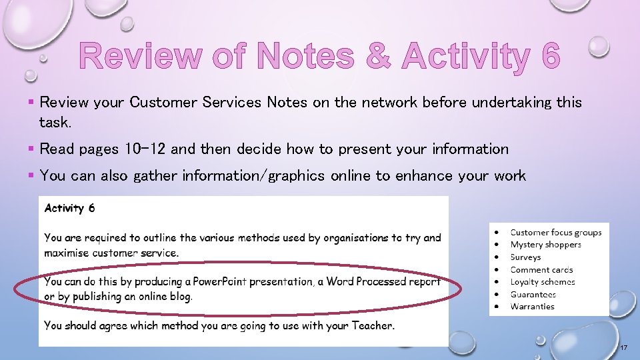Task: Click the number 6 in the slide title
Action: coord(551,56)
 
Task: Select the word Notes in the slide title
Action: coord(305,56)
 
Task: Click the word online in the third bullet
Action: coord(360,176)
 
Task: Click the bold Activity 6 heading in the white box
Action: coord(69,208)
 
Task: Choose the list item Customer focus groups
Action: coord(555,233)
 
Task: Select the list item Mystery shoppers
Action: coord(545,245)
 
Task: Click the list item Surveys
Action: coord(525,257)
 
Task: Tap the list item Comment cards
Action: coord(541,270)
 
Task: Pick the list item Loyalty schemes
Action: coord(543,282)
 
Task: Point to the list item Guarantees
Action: coord(533,294)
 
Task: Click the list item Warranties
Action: coord(532,307)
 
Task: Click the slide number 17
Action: coord(624,349)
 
